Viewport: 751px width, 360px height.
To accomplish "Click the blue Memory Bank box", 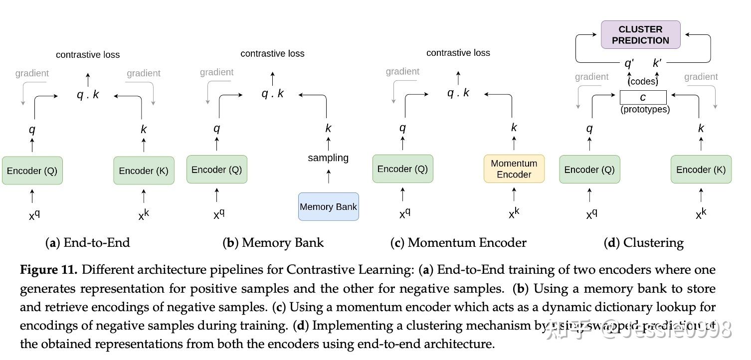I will [328, 206].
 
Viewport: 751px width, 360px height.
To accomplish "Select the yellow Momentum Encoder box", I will [514, 169].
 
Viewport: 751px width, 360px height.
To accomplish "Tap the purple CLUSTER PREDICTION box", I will [640, 35].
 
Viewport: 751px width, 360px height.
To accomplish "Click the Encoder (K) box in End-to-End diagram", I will [144, 171].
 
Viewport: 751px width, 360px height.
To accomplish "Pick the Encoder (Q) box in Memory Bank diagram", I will [216, 170].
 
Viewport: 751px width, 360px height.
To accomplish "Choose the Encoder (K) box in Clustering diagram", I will [701, 170].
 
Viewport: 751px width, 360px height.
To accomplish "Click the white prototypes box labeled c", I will [643, 97].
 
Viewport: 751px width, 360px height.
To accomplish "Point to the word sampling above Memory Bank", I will [328, 158].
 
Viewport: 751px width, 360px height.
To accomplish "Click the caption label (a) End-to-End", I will [88, 243].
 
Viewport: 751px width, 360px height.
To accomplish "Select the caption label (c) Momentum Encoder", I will [458, 243].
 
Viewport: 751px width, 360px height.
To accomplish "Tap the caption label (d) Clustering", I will [643, 243].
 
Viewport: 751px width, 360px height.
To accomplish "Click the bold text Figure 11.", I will [48, 270].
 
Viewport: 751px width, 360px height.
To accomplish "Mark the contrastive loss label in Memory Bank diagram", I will [272, 53].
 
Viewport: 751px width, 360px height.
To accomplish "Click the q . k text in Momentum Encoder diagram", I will [458, 93].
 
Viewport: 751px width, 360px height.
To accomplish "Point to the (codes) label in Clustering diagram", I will [643, 81].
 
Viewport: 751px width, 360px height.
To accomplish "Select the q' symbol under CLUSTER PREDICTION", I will [629, 63].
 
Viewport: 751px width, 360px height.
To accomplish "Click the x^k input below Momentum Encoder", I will [514, 213].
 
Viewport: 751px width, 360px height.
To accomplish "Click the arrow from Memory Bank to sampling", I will [328, 177].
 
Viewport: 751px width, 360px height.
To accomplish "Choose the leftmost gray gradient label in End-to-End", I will [32, 74].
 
